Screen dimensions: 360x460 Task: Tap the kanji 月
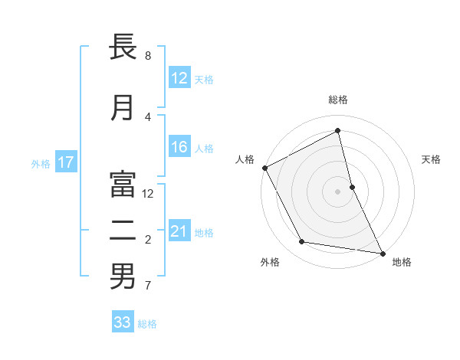click(123, 108)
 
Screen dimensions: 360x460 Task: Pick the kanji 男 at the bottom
click(123, 277)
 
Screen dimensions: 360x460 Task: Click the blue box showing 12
click(179, 78)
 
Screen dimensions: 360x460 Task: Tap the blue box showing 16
click(179, 148)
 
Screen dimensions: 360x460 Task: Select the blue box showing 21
click(179, 232)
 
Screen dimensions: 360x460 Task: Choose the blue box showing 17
click(65, 162)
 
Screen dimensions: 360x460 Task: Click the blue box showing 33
click(123, 322)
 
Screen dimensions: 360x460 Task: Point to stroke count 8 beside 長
click(148, 56)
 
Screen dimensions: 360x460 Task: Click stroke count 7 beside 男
click(148, 286)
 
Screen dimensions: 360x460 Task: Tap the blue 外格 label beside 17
click(41, 163)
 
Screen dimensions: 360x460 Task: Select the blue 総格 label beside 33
click(147, 324)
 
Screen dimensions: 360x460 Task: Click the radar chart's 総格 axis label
click(338, 100)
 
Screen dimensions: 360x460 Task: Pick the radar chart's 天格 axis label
click(432, 159)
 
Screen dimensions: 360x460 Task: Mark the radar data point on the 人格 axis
click(264, 168)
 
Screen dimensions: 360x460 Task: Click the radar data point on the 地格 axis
click(383, 253)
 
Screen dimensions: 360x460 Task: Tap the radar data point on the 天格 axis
click(352, 187)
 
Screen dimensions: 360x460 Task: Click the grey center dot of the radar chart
click(338, 191)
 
